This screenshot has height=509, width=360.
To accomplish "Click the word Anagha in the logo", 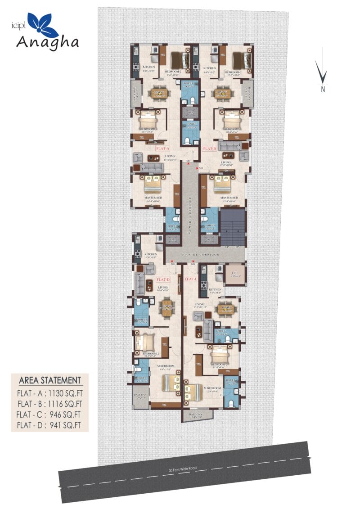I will (48, 42).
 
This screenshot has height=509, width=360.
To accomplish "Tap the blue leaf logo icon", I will (42, 24).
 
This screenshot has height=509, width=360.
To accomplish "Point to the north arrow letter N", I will (323, 89).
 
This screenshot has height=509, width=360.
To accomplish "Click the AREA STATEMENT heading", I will (50, 380).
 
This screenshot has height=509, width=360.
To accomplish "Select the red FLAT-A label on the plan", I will (162, 148).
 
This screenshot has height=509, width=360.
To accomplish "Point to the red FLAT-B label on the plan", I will (210, 148).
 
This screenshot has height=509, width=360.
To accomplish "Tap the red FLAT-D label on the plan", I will (162, 279).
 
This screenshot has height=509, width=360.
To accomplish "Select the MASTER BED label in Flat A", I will (153, 198).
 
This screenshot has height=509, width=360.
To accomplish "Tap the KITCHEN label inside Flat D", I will (150, 254).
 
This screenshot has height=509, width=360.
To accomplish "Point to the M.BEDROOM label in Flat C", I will (212, 388).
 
